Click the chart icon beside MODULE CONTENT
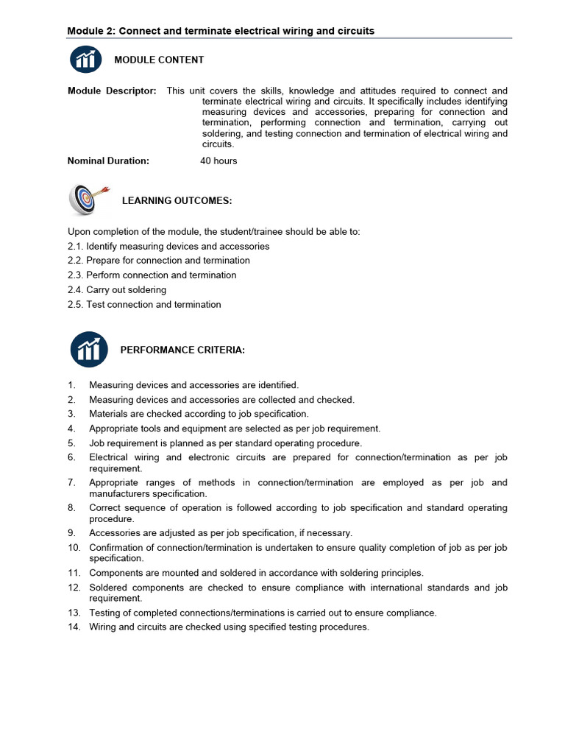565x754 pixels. click(85, 60)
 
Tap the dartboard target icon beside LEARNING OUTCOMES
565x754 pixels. click(86, 200)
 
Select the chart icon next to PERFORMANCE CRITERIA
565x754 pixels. click(89, 350)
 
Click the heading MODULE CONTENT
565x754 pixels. click(159, 60)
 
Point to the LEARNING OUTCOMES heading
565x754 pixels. click(177, 200)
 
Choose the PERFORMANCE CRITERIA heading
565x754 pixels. click(182, 350)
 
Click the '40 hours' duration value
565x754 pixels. click(218, 161)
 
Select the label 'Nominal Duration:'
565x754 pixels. click(108, 161)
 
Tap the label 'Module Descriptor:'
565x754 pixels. click(112, 91)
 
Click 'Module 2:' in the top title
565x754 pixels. click(91, 31)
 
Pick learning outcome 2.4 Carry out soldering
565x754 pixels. click(117, 290)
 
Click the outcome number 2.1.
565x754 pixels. click(76, 246)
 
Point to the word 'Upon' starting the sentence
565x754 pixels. click(79, 231)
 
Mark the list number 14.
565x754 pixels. click(74, 627)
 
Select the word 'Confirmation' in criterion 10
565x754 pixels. click(118, 548)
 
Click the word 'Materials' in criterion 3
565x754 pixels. click(109, 414)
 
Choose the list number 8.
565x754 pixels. click(71, 508)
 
